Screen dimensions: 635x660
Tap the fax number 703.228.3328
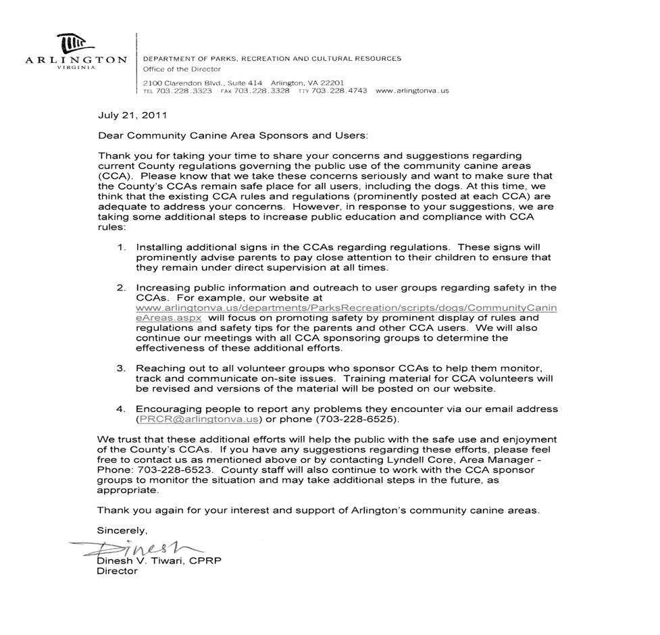point(261,91)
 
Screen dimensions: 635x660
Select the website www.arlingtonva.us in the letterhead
point(411,91)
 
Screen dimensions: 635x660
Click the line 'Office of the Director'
point(182,69)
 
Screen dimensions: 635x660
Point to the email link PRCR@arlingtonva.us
point(199,419)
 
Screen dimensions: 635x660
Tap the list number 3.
point(121,368)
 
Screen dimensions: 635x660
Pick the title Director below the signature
point(117,571)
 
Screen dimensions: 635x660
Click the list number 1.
point(121,247)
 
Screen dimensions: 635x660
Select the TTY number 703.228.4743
point(340,91)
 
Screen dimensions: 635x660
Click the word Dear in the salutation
point(110,135)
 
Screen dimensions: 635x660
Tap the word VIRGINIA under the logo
point(76,68)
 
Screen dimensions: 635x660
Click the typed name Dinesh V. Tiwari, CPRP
point(159,561)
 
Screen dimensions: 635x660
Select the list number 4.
point(121,409)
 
